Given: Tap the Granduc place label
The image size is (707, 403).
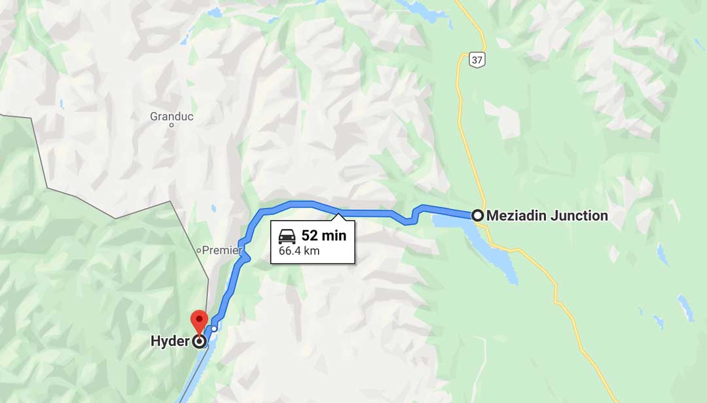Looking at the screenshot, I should click(x=172, y=116).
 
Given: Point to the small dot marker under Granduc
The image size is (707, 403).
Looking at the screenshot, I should click(x=172, y=125).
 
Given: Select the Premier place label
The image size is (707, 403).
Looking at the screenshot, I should click(x=223, y=250).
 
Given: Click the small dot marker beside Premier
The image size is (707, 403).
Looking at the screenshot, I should click(x=199, y=251).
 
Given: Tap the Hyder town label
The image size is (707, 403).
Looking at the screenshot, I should click(x=170, y=341).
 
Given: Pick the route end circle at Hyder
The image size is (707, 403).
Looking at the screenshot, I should click(x=199, y=341).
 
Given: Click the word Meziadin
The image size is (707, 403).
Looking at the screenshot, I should click(x=515, y=215).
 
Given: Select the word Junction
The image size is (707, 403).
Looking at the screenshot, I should click(x=578, y=215).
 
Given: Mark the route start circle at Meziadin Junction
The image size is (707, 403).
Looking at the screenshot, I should click(x=478, y=215).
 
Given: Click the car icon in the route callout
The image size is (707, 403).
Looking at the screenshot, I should click(x=287, y=236).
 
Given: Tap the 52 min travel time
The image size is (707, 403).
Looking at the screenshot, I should click(x=323, y=236).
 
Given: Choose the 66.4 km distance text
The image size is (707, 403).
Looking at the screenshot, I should click(x=299, y=251).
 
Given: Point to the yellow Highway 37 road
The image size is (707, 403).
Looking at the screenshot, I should click(x=462, y=131).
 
